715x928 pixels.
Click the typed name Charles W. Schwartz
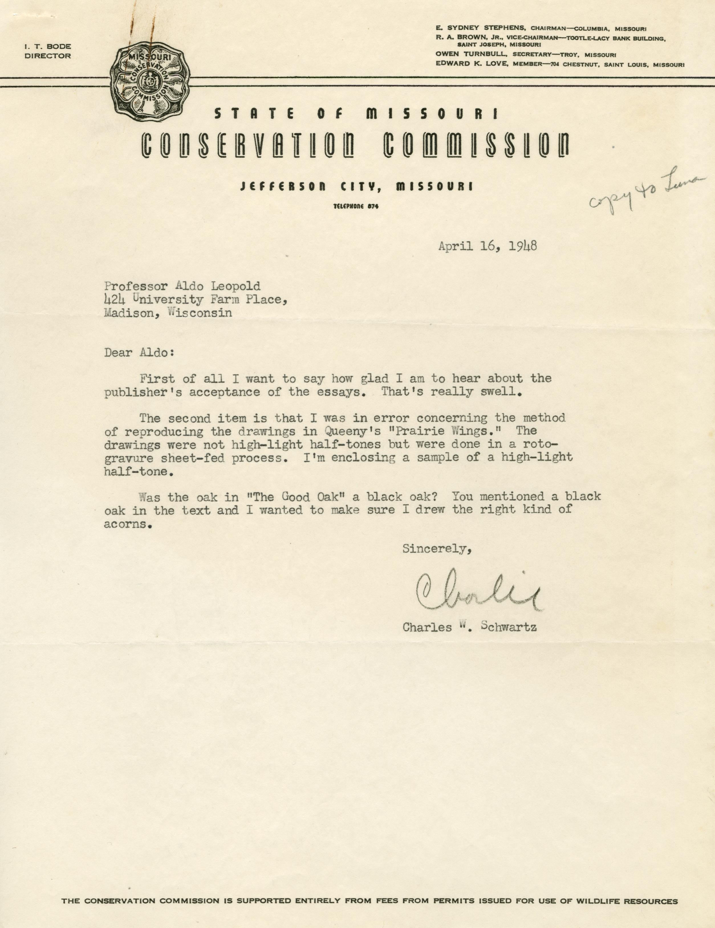469,627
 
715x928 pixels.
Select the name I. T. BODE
48,47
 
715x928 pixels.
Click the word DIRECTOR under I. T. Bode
48,56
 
